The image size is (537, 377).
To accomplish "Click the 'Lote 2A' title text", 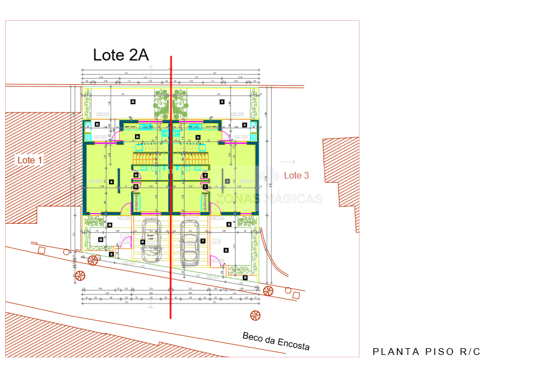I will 120,55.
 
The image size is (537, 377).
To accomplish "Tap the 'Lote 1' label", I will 30,161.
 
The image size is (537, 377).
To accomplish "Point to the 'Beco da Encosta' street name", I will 276,341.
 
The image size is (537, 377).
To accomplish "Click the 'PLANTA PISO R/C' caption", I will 426,352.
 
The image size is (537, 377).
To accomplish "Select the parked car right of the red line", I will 190,242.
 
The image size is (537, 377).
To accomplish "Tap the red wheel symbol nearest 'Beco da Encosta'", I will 255,315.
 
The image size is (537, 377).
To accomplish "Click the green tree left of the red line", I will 161,101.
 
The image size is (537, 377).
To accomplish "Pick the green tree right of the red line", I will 180,101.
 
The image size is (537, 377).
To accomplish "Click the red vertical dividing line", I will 171,187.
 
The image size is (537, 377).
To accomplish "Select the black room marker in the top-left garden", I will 133,102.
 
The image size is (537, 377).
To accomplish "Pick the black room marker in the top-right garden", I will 222,102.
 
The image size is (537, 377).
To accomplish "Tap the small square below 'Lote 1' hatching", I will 41,250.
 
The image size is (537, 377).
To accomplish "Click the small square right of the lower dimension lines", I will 295,294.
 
